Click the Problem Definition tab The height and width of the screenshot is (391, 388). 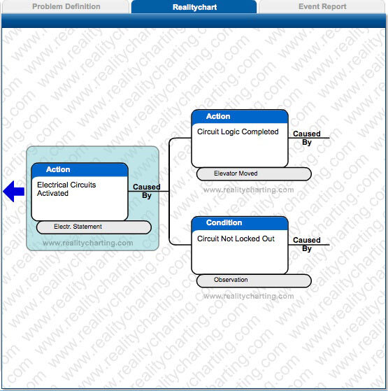[x=66, y=7]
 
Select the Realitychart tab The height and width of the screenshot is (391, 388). [x=194, y=7]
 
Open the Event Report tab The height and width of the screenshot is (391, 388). [x=322, y=7]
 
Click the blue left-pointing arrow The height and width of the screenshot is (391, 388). [x=13, y=191]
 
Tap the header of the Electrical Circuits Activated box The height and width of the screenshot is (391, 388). [x=80, y=170]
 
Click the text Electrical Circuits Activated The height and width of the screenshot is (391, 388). [x=66, y=189]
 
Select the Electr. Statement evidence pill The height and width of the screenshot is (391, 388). [x=93, y=227]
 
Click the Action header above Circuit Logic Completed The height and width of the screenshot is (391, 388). [x=240, y=116]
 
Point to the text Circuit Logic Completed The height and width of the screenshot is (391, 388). [x=238, y=131]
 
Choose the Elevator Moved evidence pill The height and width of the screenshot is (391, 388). [x=253, y=173]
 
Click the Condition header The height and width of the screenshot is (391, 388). [x=240, y=223]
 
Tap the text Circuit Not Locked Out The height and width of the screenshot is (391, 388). [x=236, y=239]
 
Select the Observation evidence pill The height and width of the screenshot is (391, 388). [x=253, y=280]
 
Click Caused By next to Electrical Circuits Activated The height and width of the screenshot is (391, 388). [x=147, y=191]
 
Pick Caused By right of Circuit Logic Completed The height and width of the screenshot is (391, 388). [x=307, y=138]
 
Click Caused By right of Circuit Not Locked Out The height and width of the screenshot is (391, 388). [x=307, y=244]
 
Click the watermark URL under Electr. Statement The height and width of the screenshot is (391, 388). [x=87, y=243]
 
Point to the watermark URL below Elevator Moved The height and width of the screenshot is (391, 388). [x=248, y=190]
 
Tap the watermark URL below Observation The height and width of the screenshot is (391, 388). [x=248, y=296]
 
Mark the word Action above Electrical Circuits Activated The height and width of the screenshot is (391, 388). [x=58, y=170]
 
